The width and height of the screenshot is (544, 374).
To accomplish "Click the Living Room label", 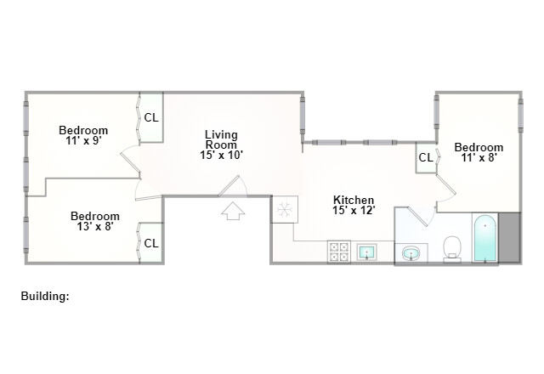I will [x=221, y=139].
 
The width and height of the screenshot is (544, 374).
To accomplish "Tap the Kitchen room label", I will [x=354, y=200].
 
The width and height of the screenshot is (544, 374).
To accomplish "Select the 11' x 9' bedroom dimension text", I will [x=83, y=141].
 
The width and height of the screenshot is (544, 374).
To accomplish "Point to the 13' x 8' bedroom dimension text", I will [x=95, y=227].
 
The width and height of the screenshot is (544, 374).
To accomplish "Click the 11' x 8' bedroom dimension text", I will [x=479, y=157].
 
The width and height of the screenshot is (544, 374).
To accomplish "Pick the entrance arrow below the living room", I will [x=232, y=210].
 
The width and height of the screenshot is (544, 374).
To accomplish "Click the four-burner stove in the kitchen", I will [x=339, y=252].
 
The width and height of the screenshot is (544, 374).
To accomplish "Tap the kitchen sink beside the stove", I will [x=367, y=252].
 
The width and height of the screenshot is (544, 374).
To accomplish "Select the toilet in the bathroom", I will [x=452, y=248].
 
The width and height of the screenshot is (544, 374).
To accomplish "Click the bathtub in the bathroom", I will [x=484, y=239].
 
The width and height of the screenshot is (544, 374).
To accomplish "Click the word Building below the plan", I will [x=44, y=297].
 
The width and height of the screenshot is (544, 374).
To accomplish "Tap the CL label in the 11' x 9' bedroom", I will [x=150, y=118].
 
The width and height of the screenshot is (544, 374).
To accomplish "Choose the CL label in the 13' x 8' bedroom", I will [x=150, y=243].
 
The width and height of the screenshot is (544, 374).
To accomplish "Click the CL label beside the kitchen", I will [x=425, y=157].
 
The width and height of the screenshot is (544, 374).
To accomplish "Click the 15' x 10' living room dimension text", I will [x=221, y=156].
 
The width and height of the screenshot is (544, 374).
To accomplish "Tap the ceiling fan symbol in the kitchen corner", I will [x=283, y=209].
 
